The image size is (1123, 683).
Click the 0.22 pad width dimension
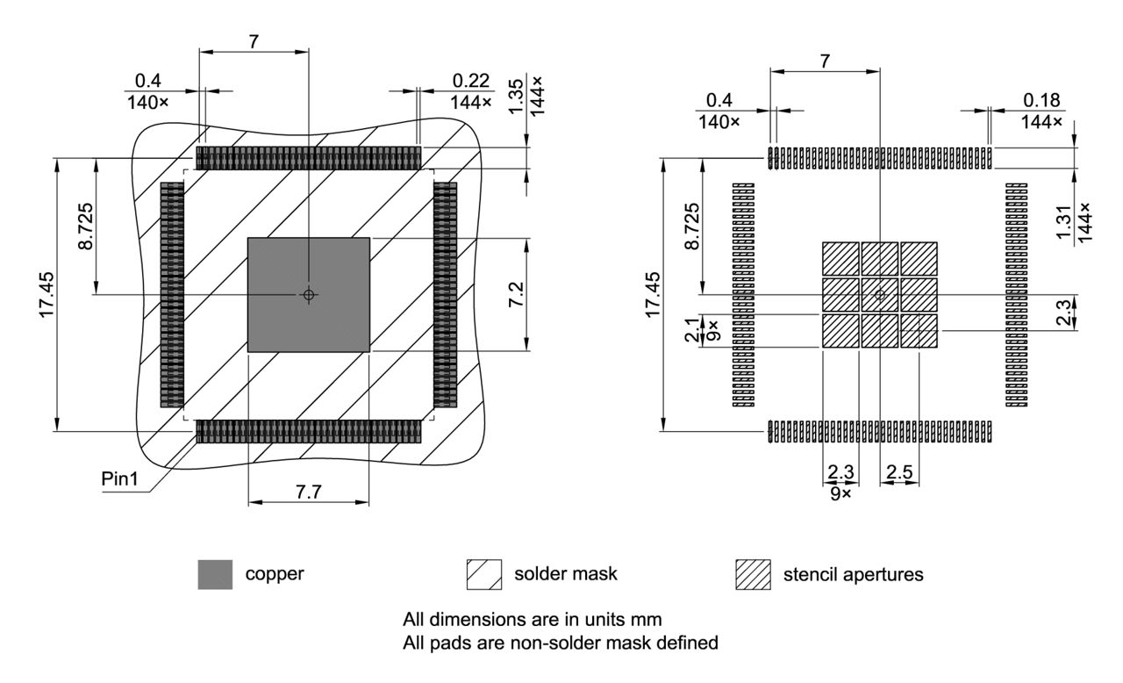(471, 80)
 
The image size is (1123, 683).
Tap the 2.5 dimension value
(899, 472)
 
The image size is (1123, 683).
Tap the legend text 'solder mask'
(565, 575)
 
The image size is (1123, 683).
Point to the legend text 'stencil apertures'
(853, 575)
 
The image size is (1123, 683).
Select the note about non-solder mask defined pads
(560, 643)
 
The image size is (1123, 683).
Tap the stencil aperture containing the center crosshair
(879, 295)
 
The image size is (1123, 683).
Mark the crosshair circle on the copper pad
(308, 295)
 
